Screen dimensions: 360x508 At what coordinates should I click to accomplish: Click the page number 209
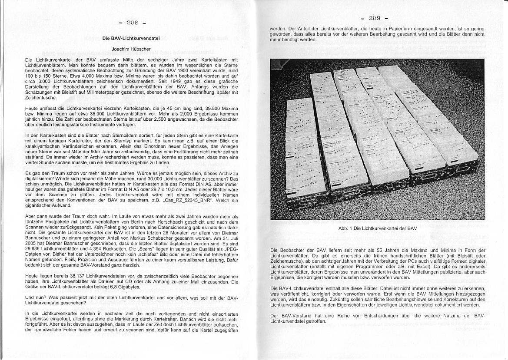point(375,18)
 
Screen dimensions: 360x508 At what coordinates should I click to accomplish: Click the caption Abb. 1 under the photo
point(377,228)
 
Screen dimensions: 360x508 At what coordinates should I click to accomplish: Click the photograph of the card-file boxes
point(377,139)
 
